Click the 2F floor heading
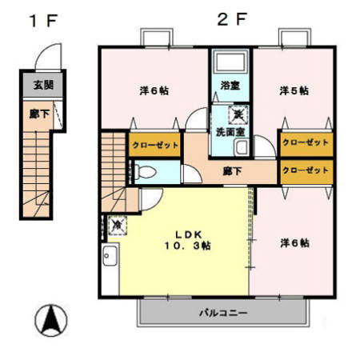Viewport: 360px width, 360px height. click(x=233, y=19)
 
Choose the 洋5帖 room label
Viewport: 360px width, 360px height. click(x=294, y=91)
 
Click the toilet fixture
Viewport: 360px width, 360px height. click(x=143, y=172)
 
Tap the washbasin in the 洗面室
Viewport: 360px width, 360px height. click(x=242, y=147)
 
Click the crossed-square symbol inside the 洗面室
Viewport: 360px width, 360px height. click(x=238, y=114)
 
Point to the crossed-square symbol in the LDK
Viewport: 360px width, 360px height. click(x=117, y=226)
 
